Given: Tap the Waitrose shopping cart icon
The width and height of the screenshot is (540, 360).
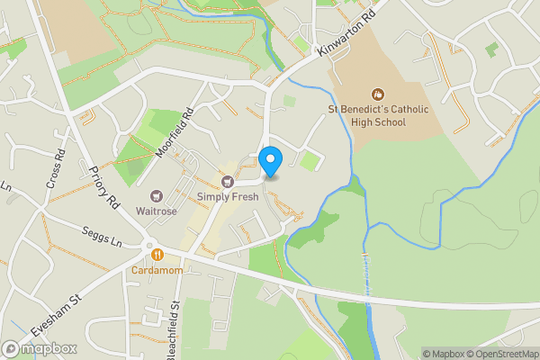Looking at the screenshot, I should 156,195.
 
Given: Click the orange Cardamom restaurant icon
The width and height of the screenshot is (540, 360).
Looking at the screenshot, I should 157,255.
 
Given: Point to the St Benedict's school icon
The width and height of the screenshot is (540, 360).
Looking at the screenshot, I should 378,94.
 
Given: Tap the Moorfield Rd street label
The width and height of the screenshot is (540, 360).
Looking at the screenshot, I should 175,132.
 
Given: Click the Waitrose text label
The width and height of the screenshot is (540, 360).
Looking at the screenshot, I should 156,211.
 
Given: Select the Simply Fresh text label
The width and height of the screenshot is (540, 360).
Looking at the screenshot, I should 228,196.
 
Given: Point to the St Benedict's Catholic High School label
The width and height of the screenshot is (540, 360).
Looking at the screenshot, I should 378,116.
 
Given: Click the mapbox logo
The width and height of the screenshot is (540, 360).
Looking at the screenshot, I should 39,347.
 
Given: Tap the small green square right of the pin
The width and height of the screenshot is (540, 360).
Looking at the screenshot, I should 310,162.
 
